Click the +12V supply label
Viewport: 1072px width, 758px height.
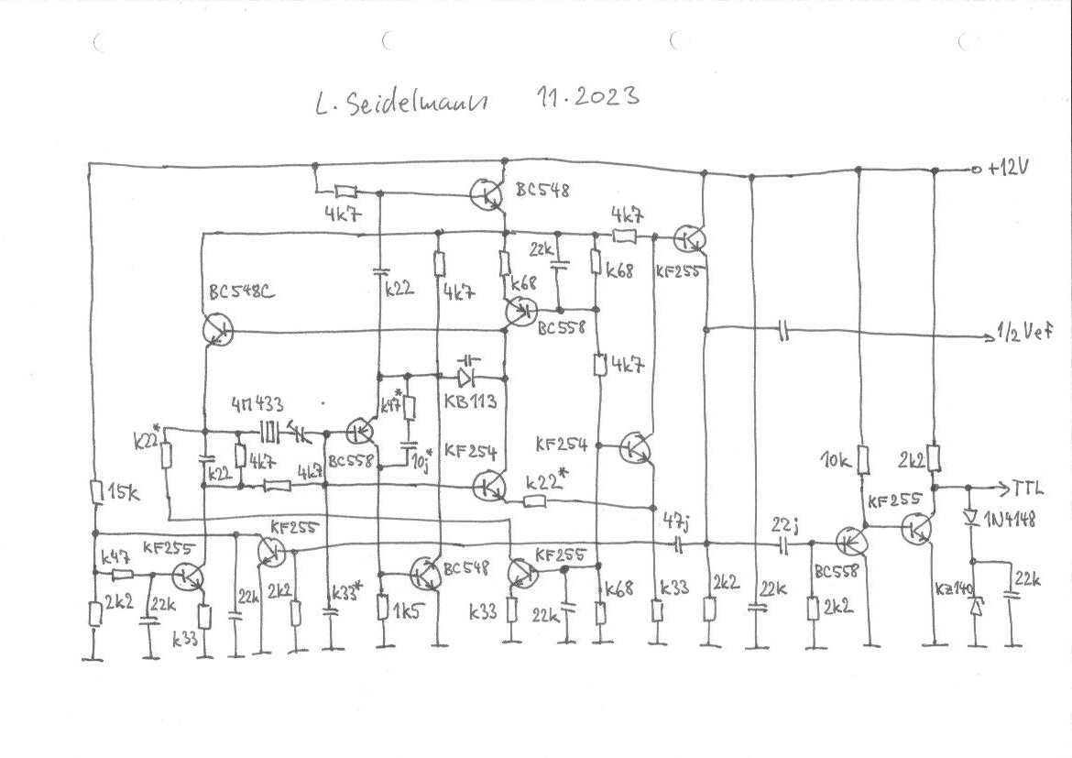click(x=1009, y=170)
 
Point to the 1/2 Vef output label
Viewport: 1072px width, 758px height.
click(x=1025, y=335)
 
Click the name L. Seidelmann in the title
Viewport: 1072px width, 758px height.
click(x=400, y=102)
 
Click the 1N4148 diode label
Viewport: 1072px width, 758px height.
click(x=1011, y=519)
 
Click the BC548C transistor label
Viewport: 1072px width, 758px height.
click(x=237, y=294)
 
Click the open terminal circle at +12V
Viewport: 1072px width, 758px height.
click(x=978, y=170)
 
